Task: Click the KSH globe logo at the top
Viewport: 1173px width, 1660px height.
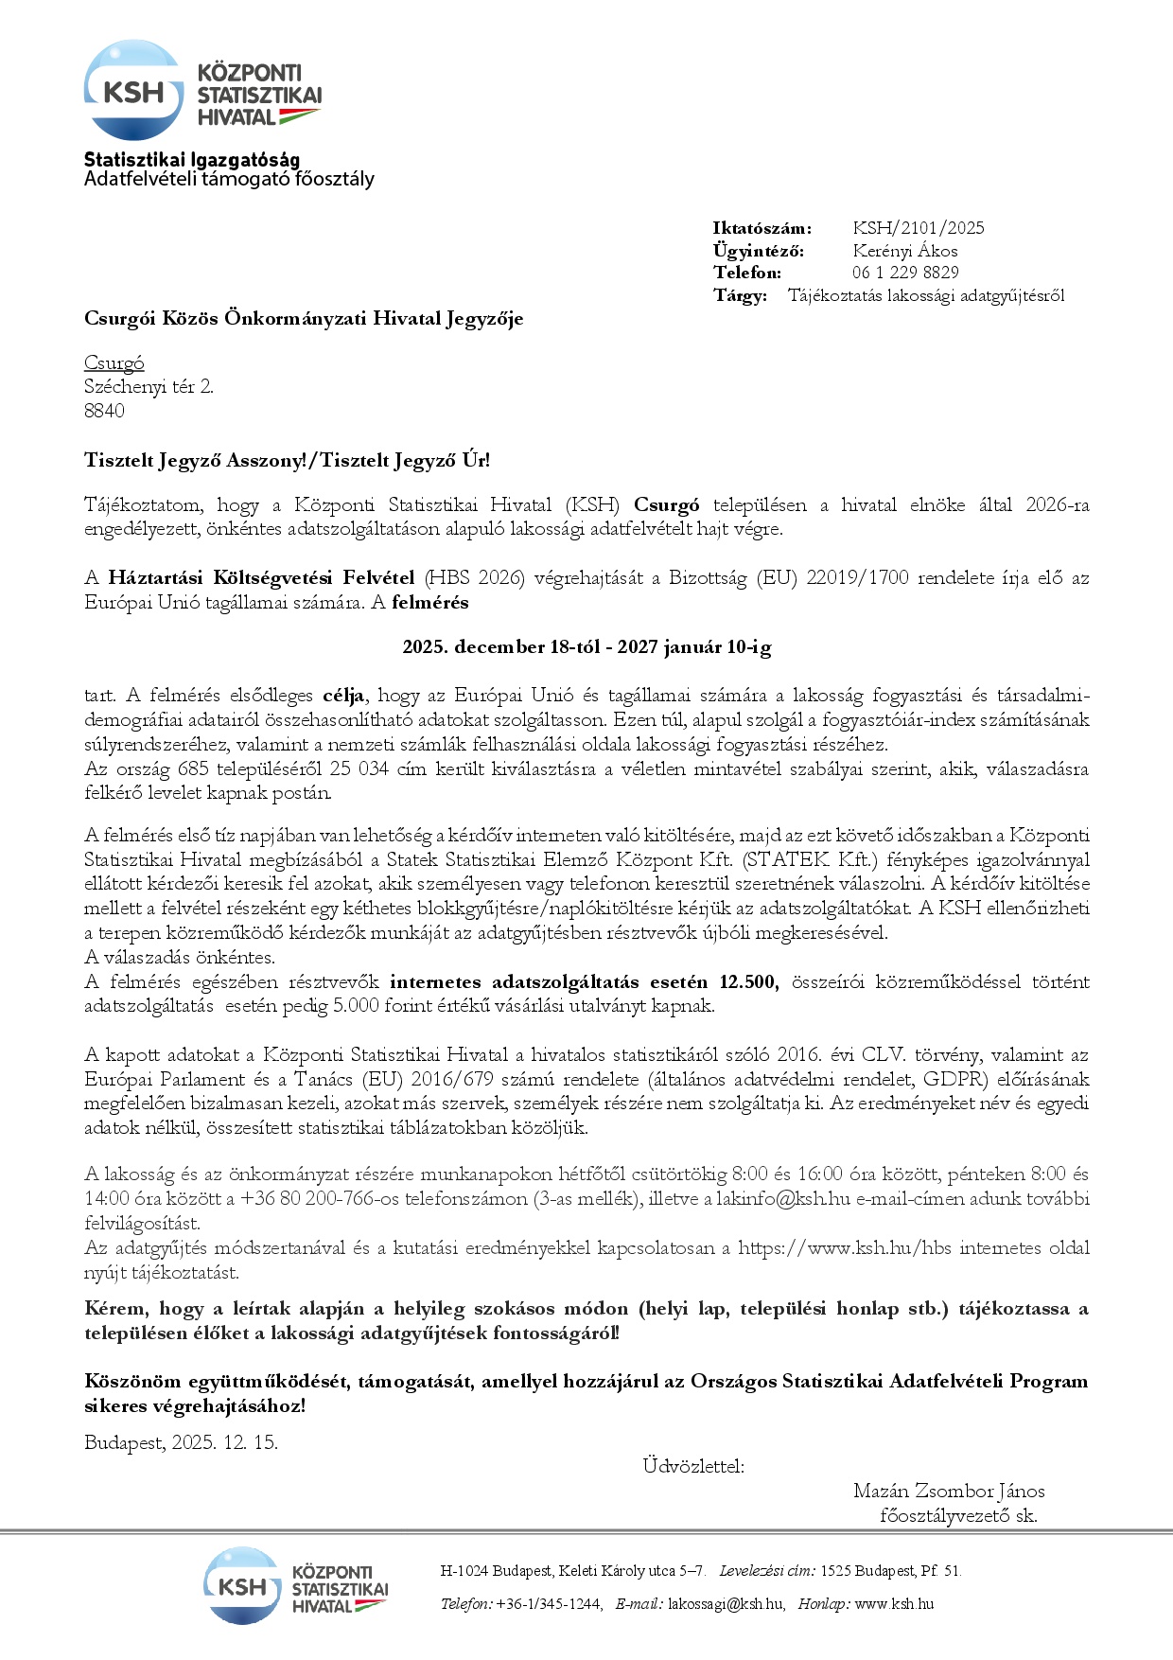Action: coord(133,91)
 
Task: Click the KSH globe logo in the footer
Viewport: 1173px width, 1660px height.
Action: coord(242,1585)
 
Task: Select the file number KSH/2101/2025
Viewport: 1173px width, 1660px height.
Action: coord(918,228)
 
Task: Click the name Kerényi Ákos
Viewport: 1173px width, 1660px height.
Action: coord(904,251)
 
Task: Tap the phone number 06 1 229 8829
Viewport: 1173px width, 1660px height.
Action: coord(904,273)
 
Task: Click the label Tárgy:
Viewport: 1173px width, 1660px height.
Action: coord(740,295)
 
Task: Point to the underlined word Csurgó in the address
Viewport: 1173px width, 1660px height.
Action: coord(114,363)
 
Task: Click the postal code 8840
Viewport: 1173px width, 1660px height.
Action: coord(104,411)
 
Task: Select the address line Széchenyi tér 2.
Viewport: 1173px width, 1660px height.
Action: coord(149,386)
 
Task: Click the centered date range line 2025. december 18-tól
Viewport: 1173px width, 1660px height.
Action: coord(586,647)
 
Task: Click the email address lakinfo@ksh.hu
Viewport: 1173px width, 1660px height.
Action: coord(783,1199)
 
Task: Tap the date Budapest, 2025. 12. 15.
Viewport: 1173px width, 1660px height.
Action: coord(181,1443)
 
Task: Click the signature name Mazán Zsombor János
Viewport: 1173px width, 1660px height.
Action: coord(949,1491)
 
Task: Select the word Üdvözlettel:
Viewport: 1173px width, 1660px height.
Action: coord(693,1466)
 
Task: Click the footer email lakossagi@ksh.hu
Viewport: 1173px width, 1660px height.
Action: coord(726,1604)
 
